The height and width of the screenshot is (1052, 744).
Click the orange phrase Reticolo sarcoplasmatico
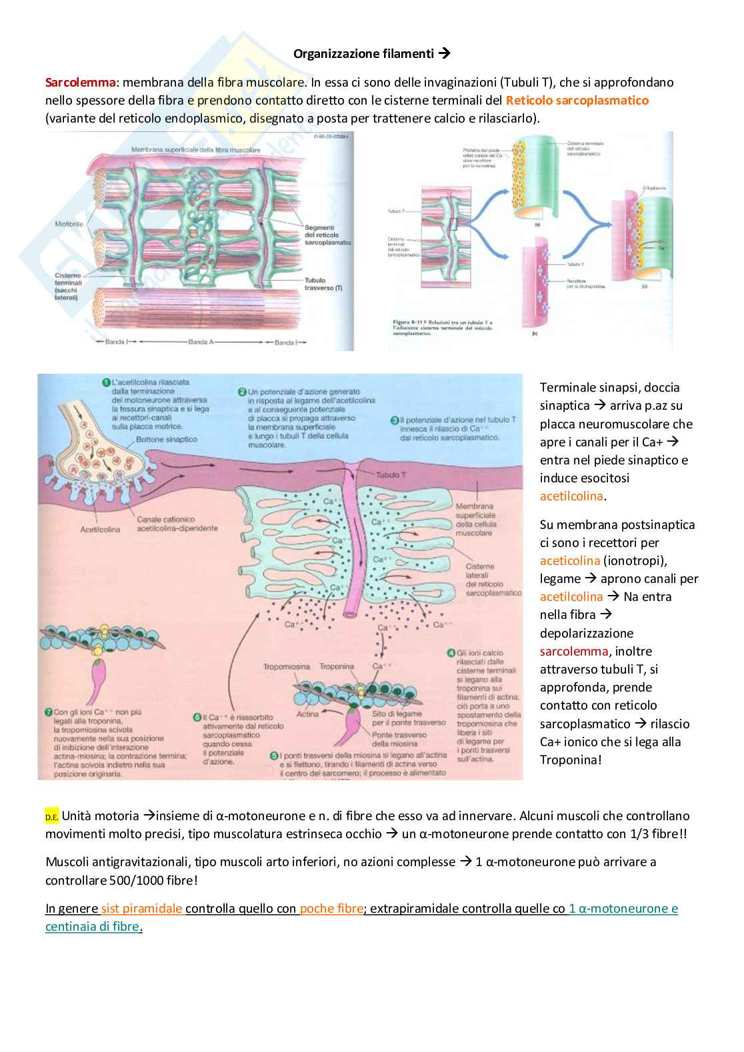[x=577, y=101]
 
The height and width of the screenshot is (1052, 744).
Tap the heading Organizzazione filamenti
[x=364, y=53]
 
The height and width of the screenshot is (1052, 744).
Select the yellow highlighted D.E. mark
[x=52, y=817]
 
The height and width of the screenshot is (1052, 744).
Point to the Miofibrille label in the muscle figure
[x=69, y=224]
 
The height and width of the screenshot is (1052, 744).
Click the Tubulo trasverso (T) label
[x=323, y=284]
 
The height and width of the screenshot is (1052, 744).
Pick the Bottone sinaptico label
[x=167, y=440]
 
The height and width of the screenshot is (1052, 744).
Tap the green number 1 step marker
[x=105, y=382]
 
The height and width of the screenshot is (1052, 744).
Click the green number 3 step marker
[x=395, y=420]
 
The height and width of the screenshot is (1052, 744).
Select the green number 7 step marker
[x=48, y=712]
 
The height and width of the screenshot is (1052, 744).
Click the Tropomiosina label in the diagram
[x=287, y=666]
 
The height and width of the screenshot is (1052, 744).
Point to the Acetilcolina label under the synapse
[x=100, y=530]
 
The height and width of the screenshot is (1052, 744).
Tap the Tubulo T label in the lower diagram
[x=387, y=475]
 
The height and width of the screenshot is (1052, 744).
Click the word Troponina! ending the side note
[x=571, y=760]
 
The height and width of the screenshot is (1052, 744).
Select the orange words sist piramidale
[x=142, y=909]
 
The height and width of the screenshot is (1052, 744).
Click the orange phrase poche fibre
[x=331, y=909]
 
